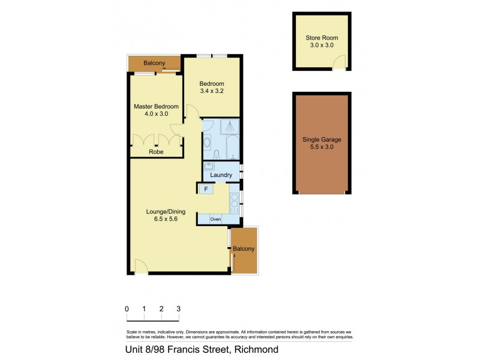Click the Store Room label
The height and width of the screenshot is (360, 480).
click(322, 38)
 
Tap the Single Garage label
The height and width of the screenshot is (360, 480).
click(322, 139)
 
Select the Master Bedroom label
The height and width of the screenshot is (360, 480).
click(156, 106)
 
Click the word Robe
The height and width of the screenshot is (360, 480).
click(156, 152)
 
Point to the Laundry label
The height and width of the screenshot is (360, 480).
click(221, 175)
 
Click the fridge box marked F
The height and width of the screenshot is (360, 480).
click(206, 189)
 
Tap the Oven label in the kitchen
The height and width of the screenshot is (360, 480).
click(215, 220)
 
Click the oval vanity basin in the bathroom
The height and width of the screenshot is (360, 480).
click(207, 143)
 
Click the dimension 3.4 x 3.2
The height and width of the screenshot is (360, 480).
click(212, 91)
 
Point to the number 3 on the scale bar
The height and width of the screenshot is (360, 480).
click(178, 308)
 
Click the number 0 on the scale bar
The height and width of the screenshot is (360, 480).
click(127, 308)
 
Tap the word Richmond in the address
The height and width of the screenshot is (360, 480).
click(257, 350)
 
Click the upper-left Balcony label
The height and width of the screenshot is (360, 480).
click(154, 62)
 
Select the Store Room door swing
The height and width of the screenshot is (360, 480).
click(340, 62)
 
